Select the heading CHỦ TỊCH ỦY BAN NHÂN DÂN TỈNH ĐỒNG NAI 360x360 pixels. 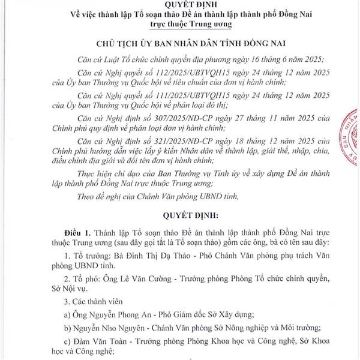point(180,46)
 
